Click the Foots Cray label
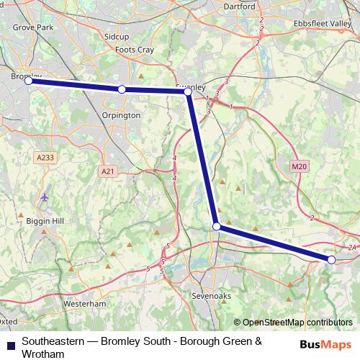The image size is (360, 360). tap(134, 50)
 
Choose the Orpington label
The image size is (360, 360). tap(122, 114)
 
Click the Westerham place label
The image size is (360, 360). tap(84, 304)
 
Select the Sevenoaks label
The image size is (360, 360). tap(210, 296)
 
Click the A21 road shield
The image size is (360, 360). tap(107, 171)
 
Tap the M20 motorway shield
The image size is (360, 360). tap(300, 166)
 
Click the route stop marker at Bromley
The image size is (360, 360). tap(29, 81)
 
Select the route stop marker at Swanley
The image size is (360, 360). tap(188, 92)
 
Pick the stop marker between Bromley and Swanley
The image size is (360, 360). tap(122, 89)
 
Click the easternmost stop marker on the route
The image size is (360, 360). tap(331, 259)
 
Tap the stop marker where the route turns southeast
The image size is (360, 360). tap(217, 227)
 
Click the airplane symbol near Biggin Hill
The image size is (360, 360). tap(45, 197)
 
